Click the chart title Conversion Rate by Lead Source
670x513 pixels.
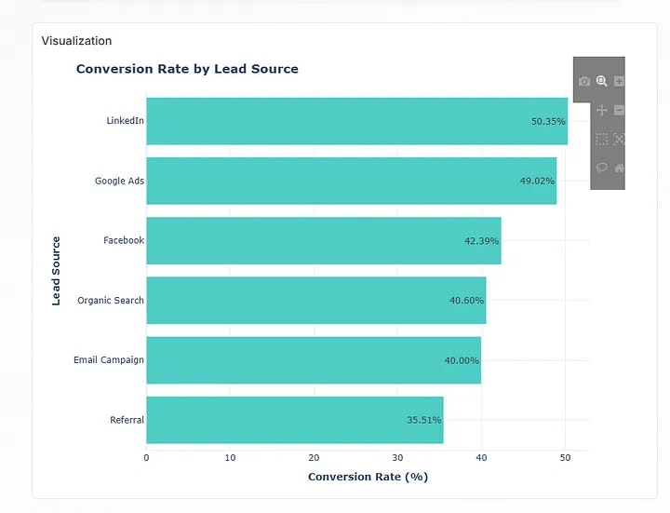tap(187, 69)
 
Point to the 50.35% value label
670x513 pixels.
tap(548, 121)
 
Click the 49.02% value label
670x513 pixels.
tap(537, 181)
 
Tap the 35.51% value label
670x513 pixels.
tap(423, 420)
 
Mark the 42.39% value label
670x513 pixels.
tap(481, 240)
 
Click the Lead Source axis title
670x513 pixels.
tap(57, 271)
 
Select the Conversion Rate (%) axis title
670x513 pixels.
tap(368, 477)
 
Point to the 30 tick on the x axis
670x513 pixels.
tap(397, 457)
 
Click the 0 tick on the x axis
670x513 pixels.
tap(146, 457)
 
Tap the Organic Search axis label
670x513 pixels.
tap(111, 300)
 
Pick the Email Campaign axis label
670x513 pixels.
tap(109, 360)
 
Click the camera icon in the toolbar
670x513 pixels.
tap(584, 82)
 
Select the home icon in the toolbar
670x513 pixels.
tap(619, 169)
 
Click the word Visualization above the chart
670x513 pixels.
tap(76, 41)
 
